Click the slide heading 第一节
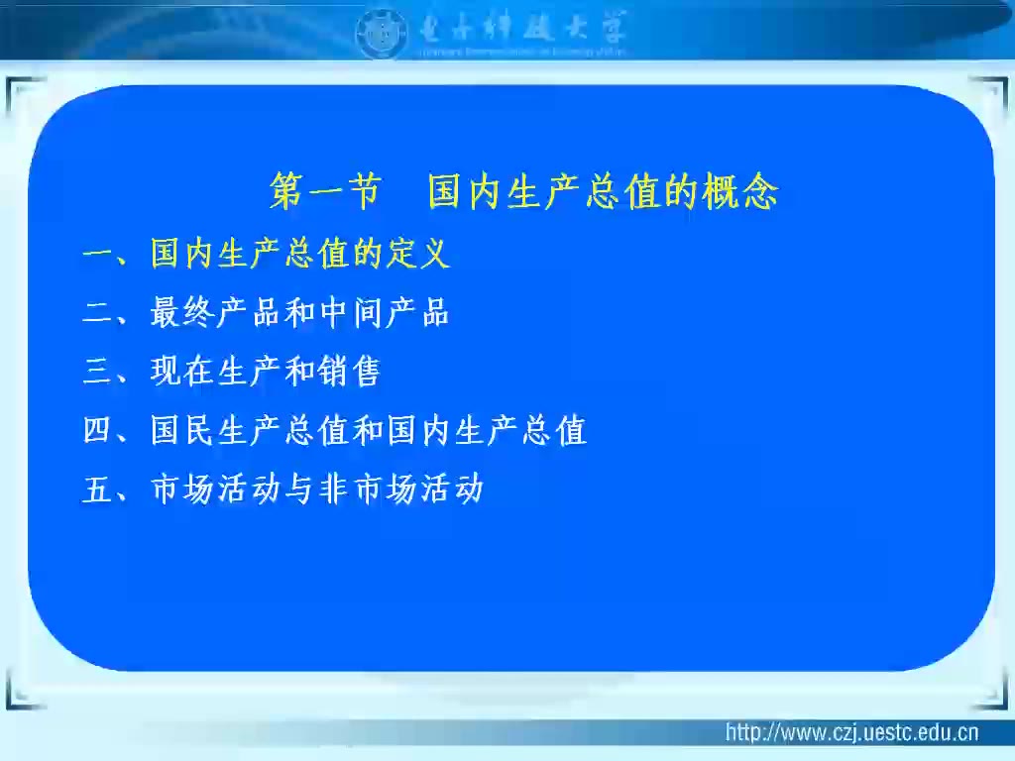(325, 192)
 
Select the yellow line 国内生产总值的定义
(300, 255)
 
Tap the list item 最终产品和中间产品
(300, 313)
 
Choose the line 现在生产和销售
(266, 372)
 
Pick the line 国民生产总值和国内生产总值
(369, 431)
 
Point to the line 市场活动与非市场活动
(317, 489)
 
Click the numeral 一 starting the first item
(98, 256)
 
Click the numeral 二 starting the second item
(98, 314)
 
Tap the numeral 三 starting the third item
(98, 373)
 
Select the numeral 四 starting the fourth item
(98, 432)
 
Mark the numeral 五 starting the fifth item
(98, 490)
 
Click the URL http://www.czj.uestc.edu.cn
(851, 733)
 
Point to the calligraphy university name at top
(515, 28)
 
